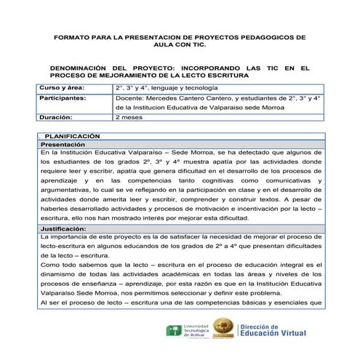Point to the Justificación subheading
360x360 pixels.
(x=66, y=229)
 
